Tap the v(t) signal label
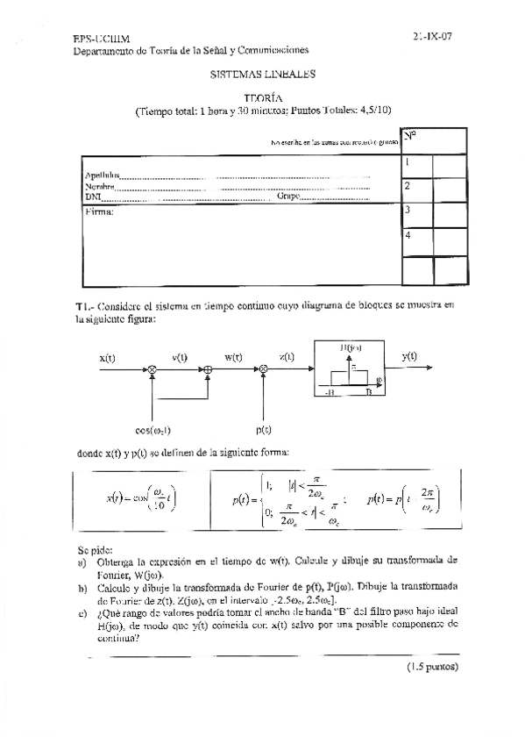tap(181, 357)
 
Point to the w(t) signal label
tap(233, 357)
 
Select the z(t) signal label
tap(287, 357)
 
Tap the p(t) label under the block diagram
tap(263, 429)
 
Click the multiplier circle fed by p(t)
tap(263, 372)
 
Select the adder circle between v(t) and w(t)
tap(208, 372)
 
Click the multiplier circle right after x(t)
tap(153, 372)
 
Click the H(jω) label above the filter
tap(351, 348)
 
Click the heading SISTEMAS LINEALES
tap(263, 75)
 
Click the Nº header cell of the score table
tap(410, 136)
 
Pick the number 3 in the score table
tap(408, 211)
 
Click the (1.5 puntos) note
tap(431, 666)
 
